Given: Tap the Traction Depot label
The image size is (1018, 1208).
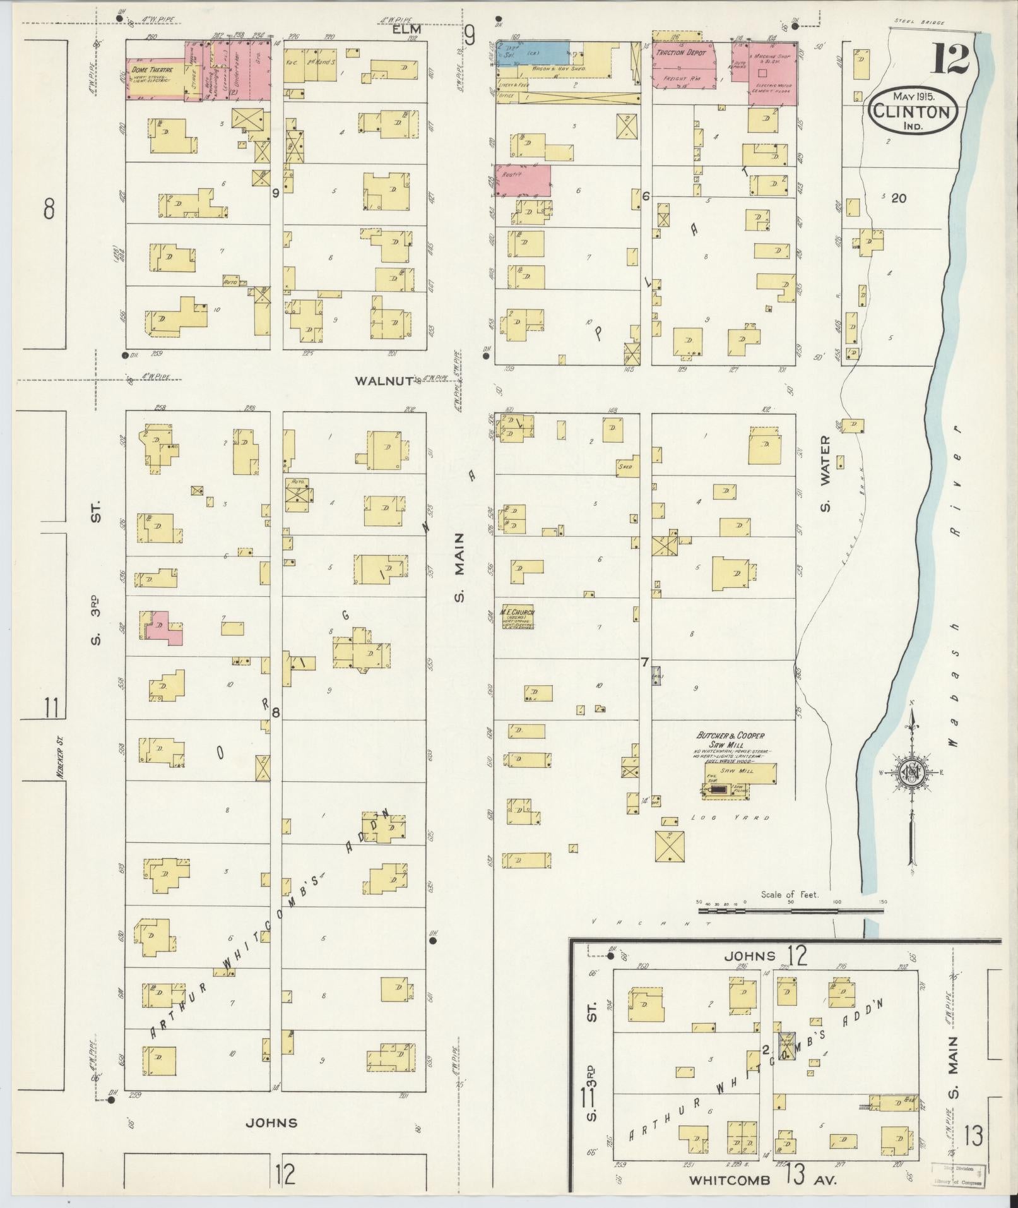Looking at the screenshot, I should tap(680, 53).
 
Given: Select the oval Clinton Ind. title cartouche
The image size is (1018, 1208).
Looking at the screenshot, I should tap(913, 111).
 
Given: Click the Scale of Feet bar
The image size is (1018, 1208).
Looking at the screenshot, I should tap(791, 910).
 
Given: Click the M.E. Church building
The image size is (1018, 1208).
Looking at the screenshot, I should tap(518, 618).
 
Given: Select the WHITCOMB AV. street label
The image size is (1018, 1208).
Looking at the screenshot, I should tap(763, 1179).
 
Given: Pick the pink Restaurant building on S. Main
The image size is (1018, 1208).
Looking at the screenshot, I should tap(523, 180).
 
